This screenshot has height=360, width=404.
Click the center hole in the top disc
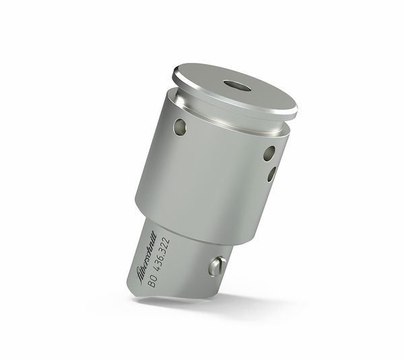(237, 86)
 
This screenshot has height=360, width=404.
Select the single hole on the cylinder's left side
(180, 126)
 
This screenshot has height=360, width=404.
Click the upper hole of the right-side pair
(269, 153)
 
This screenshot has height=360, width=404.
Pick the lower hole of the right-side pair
(271, 174)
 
